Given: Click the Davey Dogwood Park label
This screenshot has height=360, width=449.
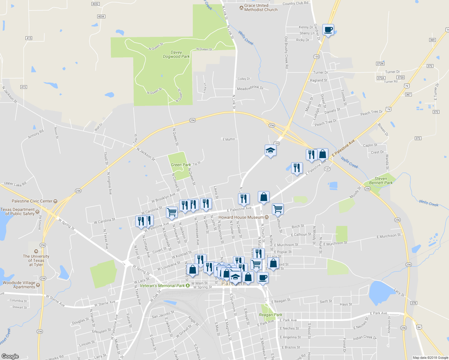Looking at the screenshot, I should point(176,54).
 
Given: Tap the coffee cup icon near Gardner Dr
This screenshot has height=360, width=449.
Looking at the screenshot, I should point(328,30).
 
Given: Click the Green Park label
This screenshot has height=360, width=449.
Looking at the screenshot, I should point(181,165).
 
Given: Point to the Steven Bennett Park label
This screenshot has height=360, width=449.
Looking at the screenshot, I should point(381,181).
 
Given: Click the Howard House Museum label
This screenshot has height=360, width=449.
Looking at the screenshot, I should point(241,217).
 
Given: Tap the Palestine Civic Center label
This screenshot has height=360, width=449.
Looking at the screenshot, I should point(32,201).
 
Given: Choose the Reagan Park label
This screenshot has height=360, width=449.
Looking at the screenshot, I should point(270,315).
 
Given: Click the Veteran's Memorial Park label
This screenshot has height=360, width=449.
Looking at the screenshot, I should point(162,286).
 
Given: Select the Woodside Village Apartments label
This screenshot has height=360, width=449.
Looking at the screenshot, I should point(19,285).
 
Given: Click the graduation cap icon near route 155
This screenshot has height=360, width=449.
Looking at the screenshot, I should point(270,151).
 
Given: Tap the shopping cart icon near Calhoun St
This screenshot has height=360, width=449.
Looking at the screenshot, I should point(278,209).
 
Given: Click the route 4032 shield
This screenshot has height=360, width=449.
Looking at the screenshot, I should point(95,4).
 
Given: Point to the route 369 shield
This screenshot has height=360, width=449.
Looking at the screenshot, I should point(432,40).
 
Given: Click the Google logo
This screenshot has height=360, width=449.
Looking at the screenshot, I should point(10,356).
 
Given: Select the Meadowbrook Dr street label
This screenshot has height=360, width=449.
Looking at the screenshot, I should point(250,88).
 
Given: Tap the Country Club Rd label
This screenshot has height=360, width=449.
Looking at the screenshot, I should point(295,3).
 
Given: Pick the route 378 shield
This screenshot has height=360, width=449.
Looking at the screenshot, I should point(414,303).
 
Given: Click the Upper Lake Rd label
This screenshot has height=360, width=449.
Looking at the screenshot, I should point(15,184).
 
